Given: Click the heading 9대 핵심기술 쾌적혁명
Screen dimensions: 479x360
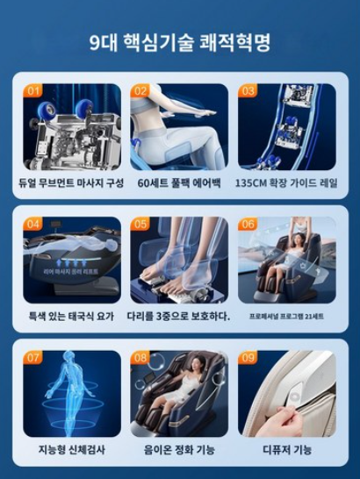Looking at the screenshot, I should click(180, 41).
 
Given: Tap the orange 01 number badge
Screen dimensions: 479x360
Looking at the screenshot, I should click(34, 90).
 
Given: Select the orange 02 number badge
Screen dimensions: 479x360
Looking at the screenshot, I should click(141, 90).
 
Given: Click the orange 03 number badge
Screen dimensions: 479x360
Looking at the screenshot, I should click(248, 90).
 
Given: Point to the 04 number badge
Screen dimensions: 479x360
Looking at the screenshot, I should click(34, 224).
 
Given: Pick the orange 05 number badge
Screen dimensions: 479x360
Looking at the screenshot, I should click(141, 224).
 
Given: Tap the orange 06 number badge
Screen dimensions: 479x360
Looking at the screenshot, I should click(248, 224).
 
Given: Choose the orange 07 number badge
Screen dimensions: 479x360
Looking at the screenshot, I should click(34, 357).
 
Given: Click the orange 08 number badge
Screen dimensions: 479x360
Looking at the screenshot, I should click(141, 357).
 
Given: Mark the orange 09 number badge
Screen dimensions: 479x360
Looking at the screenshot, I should click(248, 357).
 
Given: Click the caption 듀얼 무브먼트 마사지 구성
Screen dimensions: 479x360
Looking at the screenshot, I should click(72, 182).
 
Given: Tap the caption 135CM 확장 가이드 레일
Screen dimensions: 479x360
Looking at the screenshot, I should click(287, 182).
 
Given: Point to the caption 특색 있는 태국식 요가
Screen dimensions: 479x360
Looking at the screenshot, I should click(72, 316).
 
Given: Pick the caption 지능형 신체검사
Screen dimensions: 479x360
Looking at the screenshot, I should click(72, 449).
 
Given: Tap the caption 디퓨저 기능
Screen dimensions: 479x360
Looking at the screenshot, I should click(287, 449).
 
